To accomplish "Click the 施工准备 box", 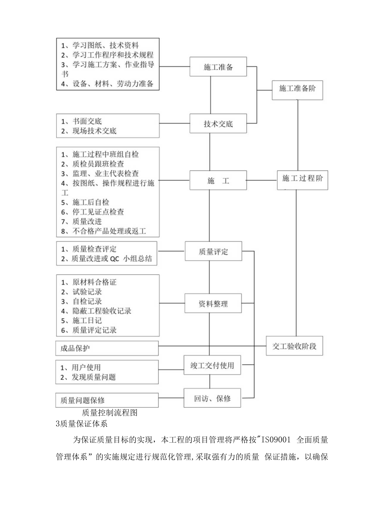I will pyautogui.click(x=218, y=67).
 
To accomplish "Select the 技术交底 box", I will pyautogui.click(x=218, y=124).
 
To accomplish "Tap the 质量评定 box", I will pyautogui.click(x=213, y=252).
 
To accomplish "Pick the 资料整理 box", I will pyautogui.click(x=213, y=304).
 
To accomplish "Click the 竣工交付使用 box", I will pyautogui.click(x=212, y=365).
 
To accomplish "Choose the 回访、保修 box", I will pyautogui.click(x=212, y=398).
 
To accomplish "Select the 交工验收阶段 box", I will pyautogui.click(x=294, y=345).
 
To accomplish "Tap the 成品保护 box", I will pyautogui.click(x=107, y=348).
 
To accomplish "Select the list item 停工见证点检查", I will pyautogui.click(x=98, y=212).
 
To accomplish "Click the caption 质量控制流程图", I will pyautogui.click(x=109, y=412).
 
